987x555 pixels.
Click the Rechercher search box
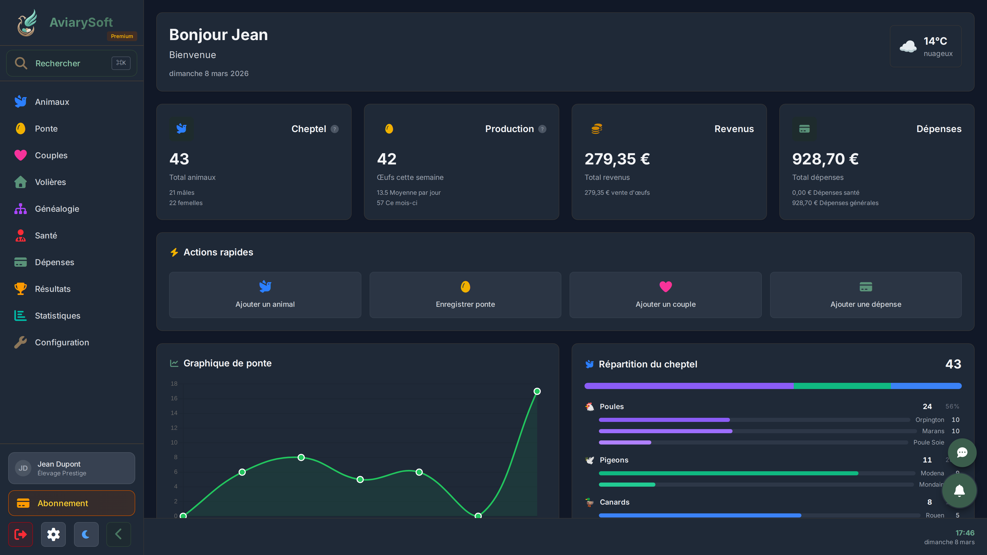[x=71, y=63]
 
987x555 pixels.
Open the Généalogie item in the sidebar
[x=57, y=209]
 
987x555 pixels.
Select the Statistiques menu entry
[x=58, y=316]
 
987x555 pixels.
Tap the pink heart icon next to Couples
[x=21, y=155]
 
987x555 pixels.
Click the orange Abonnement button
[x=71, y=503]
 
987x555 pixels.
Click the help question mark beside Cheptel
[x=334, y=129]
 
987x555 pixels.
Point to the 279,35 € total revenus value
[x=617, y=159]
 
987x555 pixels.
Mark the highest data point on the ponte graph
[x=537, y=391]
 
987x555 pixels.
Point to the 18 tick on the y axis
[x=174, y=383]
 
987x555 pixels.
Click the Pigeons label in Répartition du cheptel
[x=614, y=460]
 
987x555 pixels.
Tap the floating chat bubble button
[x=962, y=452]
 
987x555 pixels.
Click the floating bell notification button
[x=959, y=490]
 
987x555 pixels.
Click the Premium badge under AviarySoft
[x=122, y=36]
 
